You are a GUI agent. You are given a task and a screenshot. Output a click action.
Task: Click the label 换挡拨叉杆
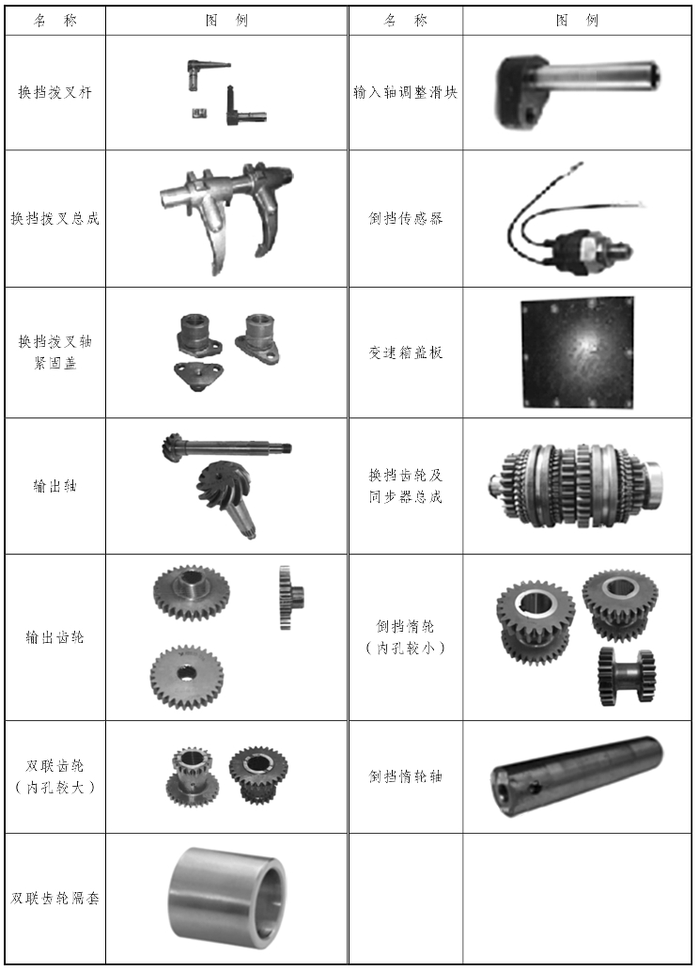click(x=55, y=93)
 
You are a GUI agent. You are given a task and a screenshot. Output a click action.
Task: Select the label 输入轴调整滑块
click(x=406, y=93)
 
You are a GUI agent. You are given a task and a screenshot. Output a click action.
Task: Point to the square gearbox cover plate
click(x=577, y=352)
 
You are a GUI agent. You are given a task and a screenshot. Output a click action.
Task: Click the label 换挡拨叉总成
click(x=55, y=219)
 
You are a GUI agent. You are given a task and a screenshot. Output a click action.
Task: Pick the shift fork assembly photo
click(x=225, y=217)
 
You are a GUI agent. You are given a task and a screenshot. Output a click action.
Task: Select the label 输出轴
click(x=55, y=486)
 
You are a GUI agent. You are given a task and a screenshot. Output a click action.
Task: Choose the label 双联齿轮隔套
click(x=55, y=899)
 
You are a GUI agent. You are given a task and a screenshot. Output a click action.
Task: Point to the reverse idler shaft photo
click(x=577, y=775)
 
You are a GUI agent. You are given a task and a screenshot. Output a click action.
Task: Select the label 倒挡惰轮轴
click(x=406, y=776)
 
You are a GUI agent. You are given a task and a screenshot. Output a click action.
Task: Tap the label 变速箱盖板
click(x=406, y=352)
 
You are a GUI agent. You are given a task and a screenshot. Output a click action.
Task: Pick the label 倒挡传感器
click(x=406, y=219)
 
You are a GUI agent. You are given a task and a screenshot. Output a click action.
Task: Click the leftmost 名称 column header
click(x=55, y=21)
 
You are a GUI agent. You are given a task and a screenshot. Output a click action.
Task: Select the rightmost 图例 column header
click(x=577, y=21)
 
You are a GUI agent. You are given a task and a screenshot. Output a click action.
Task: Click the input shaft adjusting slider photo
click(x=578, y=92)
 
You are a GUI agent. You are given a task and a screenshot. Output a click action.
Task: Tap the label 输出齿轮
click(x=55, y=637)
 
